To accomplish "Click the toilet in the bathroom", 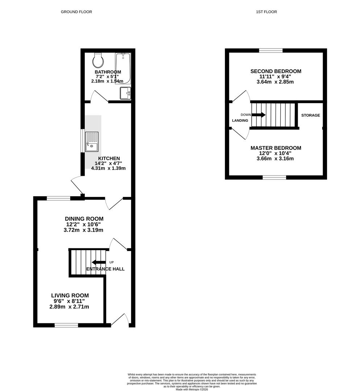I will [x=97, y=60].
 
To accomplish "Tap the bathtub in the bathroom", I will [x=123, y=68].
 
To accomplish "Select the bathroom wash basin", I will [x=125, y=93].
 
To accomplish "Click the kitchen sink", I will [x=91, y=142].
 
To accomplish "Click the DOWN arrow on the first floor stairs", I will [x=258, y=115].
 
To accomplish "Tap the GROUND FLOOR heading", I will [x=76, y=12].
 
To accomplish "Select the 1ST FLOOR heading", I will [x=266, y=12].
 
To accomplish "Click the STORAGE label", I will [x=310, y=115].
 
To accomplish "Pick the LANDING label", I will [x=240, y=121].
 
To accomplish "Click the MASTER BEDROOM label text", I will [x=276, y=148].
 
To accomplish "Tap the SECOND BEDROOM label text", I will [x=276, y=71].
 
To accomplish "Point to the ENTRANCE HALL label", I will [x=105, y=269].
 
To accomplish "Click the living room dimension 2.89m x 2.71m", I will [x=69, y=307].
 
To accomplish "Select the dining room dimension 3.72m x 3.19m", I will [x=84, y=230].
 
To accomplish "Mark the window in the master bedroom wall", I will [x=274, y=177].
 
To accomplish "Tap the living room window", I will [x=66, y=325].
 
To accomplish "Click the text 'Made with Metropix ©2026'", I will [x=192, y=389].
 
